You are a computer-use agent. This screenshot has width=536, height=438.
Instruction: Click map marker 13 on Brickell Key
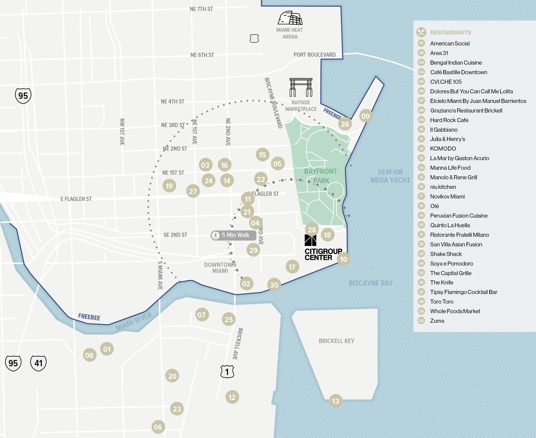(x=336, y=401)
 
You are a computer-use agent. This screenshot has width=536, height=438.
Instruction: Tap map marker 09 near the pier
(x=365, y=116)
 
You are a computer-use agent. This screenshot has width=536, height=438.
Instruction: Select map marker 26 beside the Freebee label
(x=345, y=124)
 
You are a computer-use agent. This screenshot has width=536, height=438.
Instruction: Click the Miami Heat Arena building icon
(x=290, y=18)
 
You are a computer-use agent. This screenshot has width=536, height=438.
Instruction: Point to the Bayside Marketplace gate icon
(x=301, y=87)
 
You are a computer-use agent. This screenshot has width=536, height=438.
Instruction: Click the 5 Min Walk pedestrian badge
(x=233, y=235)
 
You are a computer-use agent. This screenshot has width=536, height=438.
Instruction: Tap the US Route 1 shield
(x=227, y=372)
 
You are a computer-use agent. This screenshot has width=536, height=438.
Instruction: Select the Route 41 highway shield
(x=38, y=363)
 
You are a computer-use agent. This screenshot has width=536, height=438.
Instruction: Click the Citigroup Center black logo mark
(x=310, y=240)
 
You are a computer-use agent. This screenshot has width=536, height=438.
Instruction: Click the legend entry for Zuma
(x=437, y=321)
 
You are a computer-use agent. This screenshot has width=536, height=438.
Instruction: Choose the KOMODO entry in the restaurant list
(x=443, y=149)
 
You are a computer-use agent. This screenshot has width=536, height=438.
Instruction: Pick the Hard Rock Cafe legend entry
(x=449, y=120)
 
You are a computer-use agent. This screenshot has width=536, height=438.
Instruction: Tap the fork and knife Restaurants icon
(x=421, y=32)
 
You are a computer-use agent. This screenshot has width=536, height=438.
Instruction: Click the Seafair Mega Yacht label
(x=390, y=176)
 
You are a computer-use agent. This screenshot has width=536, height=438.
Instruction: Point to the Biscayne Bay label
(x=371, y=283)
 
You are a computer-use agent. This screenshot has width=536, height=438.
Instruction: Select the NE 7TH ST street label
(x=201, y=9)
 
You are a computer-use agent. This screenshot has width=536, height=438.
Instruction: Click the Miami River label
(x=134, y=322)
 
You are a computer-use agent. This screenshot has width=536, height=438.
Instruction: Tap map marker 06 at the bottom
(x=158, y=427)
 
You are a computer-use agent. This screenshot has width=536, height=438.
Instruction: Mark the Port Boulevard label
(x=315, y=55)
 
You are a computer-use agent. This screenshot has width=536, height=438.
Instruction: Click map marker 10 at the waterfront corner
(x=344, y=259)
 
